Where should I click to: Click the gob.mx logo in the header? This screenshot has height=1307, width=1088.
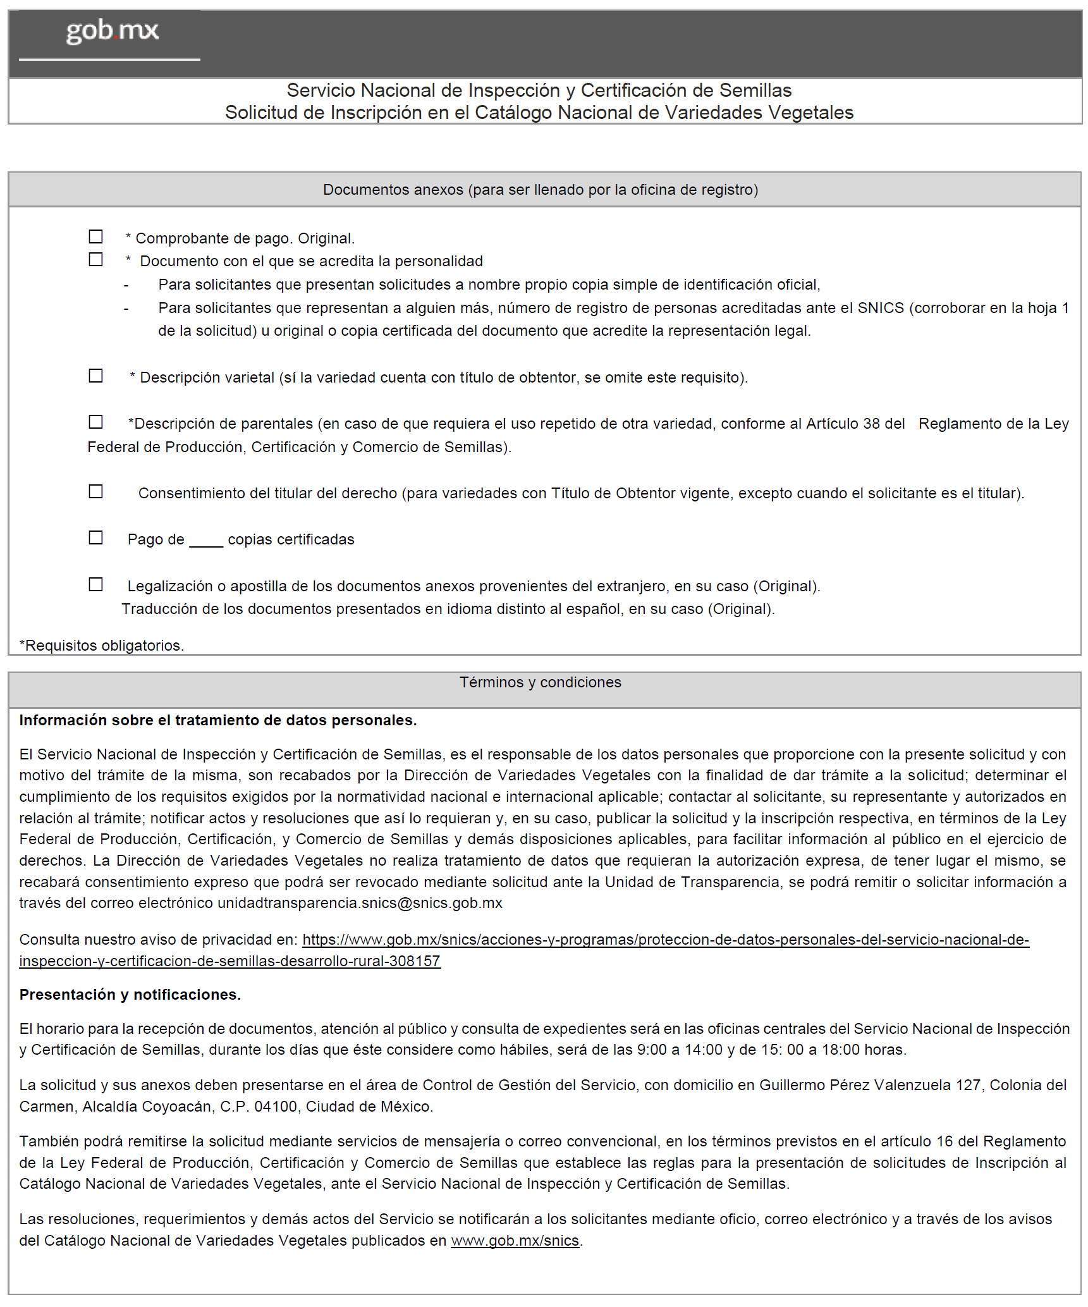tap(112, 31)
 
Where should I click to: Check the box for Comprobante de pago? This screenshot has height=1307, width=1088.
tap(95, 236)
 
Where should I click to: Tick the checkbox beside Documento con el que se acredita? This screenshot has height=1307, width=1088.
tap(95, 259)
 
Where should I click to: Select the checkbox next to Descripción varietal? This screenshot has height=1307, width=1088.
tap(95, 376)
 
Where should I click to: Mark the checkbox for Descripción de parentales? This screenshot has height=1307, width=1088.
tap(95, 421)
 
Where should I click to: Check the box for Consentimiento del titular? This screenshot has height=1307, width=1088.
tap(95, 491)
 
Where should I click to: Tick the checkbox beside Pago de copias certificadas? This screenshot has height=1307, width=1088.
tap(95, 537)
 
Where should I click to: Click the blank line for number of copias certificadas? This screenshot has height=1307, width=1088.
tap(206, 541)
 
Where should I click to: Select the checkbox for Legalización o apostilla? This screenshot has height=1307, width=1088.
tap(95, 584)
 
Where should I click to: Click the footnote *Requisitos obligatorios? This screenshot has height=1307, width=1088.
tap(102, 646)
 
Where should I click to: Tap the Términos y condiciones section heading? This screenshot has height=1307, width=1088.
tap(541, 682)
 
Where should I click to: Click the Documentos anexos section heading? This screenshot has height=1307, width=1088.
tap(541, 190)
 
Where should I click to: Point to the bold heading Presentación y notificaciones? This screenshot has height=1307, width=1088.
tap(130, 995)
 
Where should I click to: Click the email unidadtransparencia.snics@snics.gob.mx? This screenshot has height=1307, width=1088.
tap(360, 903)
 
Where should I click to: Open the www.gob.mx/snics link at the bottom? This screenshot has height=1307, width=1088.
tap(515, 1241)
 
